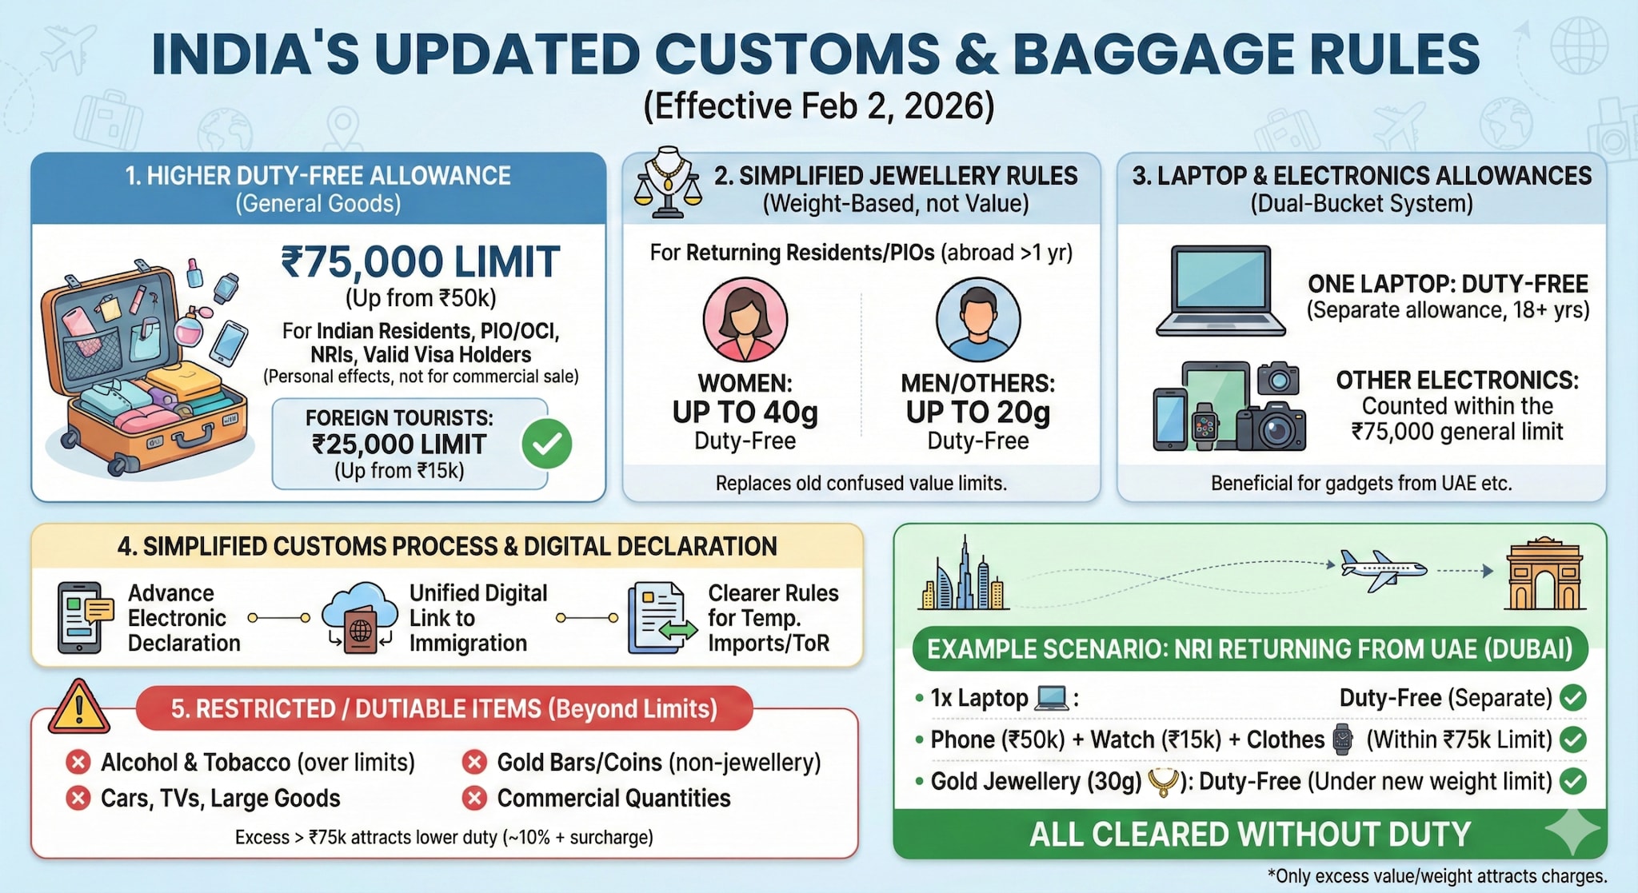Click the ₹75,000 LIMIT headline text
coord(420,262)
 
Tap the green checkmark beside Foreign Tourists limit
coord(547,445)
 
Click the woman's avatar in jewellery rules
coord(745,320)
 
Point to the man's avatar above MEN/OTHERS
coord(977,320)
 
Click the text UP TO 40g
coord(745,413)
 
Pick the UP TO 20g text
coord(977,413)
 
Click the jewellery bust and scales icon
coord(667,183)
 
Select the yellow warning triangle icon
coord(78,708)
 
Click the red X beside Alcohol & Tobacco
coord(78,763)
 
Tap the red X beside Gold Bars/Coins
coord(474,763)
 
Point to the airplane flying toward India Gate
coord(1383,570)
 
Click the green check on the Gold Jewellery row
coord(1572,781)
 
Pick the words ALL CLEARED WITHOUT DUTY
coord(1249,835)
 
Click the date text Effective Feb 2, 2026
coord(819,106)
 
